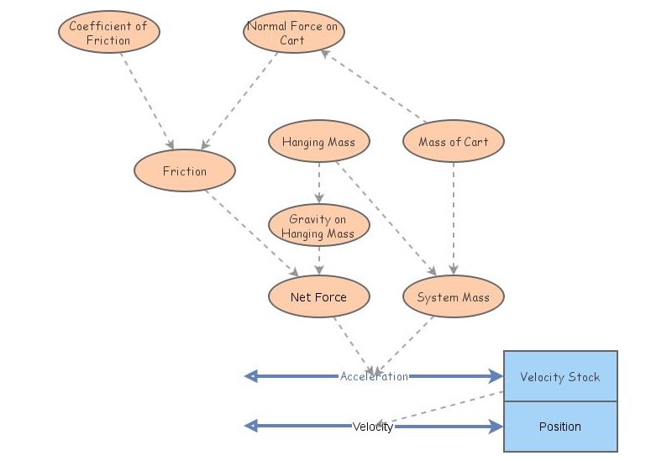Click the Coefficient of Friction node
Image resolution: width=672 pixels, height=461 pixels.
[109, 33]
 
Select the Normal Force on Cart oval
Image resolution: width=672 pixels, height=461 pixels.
[293, 33]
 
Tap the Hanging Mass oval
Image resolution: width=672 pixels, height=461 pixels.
[318, 142]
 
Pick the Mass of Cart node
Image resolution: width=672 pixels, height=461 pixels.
[454, 142]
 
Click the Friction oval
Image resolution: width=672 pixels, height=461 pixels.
[185, 171]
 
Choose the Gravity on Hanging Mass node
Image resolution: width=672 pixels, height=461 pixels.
[318, 226]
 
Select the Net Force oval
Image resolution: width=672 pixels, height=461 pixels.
[318, 296]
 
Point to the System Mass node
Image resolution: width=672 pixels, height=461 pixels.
[454, 296]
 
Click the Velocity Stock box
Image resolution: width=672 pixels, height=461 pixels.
[560, 376]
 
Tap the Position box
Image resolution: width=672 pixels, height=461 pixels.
[560, 427]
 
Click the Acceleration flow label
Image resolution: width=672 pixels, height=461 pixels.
[374, 376]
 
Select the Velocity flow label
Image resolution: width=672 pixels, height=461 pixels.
[373, 427]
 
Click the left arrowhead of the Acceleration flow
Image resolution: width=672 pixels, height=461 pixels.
[250, 376]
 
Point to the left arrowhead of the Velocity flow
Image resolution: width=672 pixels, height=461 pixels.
[250, 427]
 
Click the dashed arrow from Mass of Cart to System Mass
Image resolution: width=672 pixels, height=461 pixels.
[454, 218]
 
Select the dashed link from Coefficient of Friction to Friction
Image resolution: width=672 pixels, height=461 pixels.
[147, 101]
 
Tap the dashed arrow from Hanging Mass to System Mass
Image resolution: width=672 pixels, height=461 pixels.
[386, 218]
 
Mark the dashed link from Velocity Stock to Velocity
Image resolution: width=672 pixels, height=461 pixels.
[445, 408]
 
